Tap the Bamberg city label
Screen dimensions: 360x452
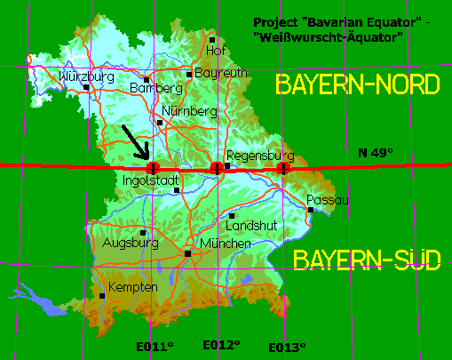tap(155, 88)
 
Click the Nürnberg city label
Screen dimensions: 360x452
tap(190, 111)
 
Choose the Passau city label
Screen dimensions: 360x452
tap(328, 199)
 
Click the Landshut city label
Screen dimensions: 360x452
tap(253, 226)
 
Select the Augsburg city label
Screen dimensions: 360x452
tap(131, 242)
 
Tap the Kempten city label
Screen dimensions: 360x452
tap(132, 287)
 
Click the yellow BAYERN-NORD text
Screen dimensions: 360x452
tap(358, 85)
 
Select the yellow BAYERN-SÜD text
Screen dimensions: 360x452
tap(367, 260)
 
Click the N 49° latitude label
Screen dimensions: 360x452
tap(375, 154)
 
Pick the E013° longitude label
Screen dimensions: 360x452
tap(288, 347)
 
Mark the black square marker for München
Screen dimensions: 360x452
tap(188, 253)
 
